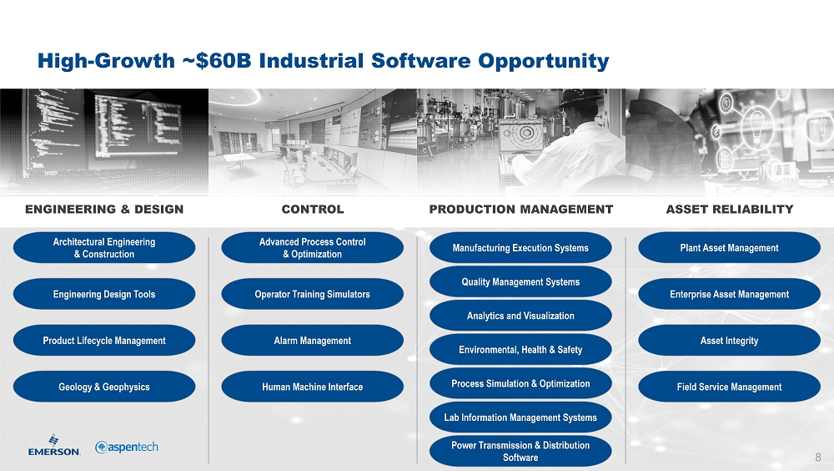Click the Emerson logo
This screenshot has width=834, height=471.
pyautogui.click(x=54, y=445)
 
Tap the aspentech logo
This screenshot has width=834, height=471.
pyautogui.click(x=127, y=447)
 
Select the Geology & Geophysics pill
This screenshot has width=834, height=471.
pyautogui.click(x=104, y=387)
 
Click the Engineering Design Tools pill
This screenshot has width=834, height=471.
pyautogui.click(x=104, y=294)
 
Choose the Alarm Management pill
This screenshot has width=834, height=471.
pyautogui.click(x=312, y=341)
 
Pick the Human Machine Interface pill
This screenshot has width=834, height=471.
pyautogui.click(x=312, y=387)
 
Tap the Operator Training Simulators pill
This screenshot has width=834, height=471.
pyautogui.click(x=312, y=294)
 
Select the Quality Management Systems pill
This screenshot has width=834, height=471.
pyautogui.click(x=520, y=282)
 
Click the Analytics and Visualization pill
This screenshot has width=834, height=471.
pyautogui.click(x=520, y=316)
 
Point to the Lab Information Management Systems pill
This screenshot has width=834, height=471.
pyautogui.click(x=520, y=418)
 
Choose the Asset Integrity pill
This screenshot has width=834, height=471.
pyautogui.click(x=729, y=341)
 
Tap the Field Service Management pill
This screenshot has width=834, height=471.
pyautogui.click(x=729, y=387)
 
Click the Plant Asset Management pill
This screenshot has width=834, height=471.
pyautogui.click(x=729, y=248)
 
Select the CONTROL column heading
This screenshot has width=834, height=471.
pyautogui.click(x=313, y=210)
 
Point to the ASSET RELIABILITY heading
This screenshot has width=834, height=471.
pyautogui.click(x=730, y=210)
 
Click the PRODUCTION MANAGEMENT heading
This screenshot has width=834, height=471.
pyautogui.click(x=521, y=210)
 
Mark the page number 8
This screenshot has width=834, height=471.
pyautogui.click(x=818, y=457)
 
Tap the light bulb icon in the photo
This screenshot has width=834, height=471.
pyautogui.click(x=756, y=124)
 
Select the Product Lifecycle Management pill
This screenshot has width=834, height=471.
pyautogui.click(x=104, y=341)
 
